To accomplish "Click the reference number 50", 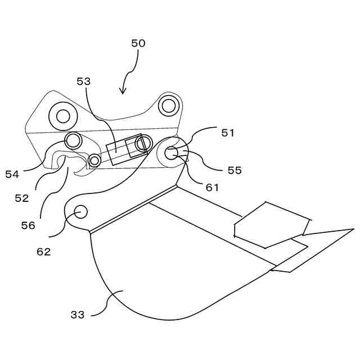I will point(138,43).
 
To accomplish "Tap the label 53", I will point(83,82).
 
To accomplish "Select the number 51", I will point(227,133).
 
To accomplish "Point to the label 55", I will point(234,170).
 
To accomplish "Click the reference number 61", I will point(211,187).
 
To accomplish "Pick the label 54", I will point(12,174).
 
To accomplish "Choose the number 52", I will point(21,198).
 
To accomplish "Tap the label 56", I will point(28,225).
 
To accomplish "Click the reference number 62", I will point(43,251).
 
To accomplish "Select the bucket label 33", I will point(77,314).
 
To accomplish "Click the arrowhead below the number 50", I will point(122,91).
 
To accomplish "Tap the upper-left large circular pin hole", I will point(63,116).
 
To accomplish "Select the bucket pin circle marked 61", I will point(171,152).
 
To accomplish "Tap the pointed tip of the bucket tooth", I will point(353,229).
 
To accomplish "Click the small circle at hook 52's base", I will point(94,161).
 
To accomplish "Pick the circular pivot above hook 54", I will point(73,139).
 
